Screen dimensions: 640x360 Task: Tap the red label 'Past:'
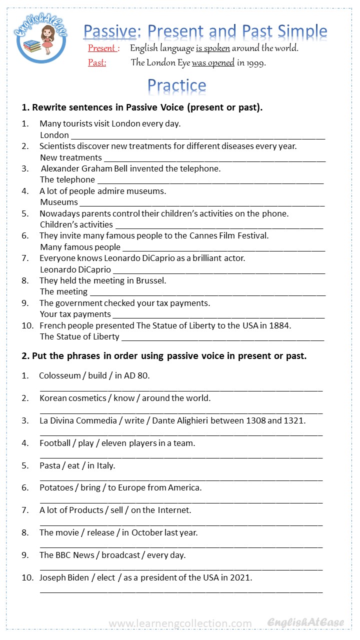97,63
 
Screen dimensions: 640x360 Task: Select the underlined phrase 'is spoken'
212,48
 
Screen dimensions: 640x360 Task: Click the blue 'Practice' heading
176,86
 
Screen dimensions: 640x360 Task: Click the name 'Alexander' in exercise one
59,168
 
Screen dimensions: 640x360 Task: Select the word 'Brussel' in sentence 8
151,280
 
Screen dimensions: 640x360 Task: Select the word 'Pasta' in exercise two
50,465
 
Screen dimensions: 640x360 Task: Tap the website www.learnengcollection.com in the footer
180,623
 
